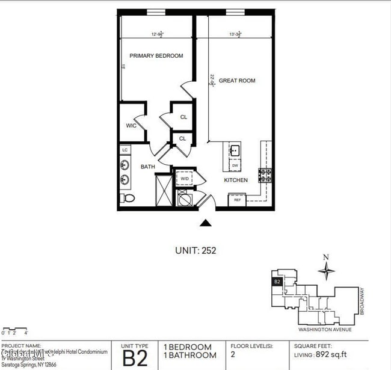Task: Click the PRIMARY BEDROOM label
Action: (x=156, y=56)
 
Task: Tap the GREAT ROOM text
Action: (x=236, y=81)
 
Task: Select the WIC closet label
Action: (x=131, y=126)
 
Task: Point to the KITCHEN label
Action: (x=236, y=180)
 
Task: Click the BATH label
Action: (x=148, y=167)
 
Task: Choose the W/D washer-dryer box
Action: (x=184, y=179)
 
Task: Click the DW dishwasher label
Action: (x=235, y=165)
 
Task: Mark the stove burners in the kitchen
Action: (x=265, y=175)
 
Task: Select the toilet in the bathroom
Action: (x=127, y=197)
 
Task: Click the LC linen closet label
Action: (x=125, y=150)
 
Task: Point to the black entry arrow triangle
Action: (x=206, y=223)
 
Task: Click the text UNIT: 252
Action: (x=195, y=250)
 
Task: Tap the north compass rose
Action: (x=326, y=271)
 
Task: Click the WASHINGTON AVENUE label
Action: (x=325, y=330)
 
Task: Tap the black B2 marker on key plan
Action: (x=277, y=281)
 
